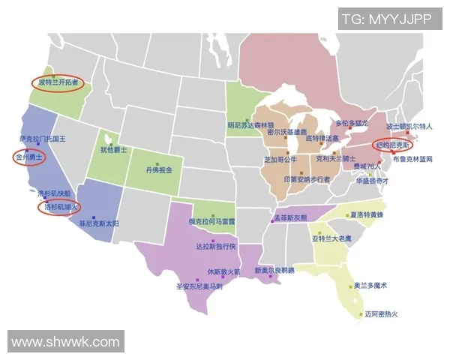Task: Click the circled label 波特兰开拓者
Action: (x=58, y=82)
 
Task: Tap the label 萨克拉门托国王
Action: (x=43, y=139)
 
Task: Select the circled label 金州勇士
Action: (x=30, y=158)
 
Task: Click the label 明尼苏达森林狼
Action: (x=251, y=125)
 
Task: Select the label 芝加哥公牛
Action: (x=281, y=160)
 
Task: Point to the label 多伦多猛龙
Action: (x=352, y=123)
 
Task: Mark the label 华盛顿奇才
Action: (x=372, y=181)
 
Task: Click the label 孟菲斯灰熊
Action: (x=290, y=217)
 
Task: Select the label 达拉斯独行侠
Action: (x=216, y=246)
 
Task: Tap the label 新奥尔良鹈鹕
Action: (x=274, y=270)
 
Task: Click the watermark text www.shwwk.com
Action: (x=65, y=342)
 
